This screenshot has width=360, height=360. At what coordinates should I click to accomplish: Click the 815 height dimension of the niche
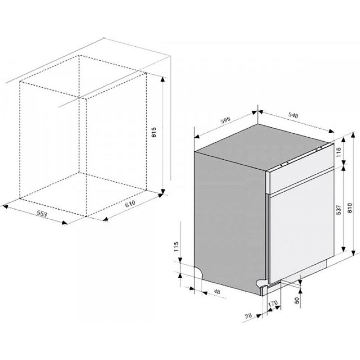pos(154,132)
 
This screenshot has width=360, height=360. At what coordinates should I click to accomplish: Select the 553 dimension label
pos(42,214)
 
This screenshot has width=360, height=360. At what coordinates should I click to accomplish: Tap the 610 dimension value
pos(130,204)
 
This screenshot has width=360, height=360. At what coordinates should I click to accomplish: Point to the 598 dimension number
pos(225,120)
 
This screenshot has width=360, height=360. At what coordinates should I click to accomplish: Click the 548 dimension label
pos(293,115)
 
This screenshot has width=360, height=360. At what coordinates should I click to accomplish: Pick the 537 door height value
pos(339,210)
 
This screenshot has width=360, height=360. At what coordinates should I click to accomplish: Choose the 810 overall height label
pos(350,208)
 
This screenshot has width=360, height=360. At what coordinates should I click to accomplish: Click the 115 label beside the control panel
pos(339,152)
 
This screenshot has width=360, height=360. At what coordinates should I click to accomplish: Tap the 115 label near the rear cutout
pos(176,247)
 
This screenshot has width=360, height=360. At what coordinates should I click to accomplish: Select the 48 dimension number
pos(217,291)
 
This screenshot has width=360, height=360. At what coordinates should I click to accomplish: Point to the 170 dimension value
pos(273,303)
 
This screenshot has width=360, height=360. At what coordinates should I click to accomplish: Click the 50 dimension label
pos(297,300)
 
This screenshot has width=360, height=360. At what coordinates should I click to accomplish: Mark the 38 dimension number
pos(248,316)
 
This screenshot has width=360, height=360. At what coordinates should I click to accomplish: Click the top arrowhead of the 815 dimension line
pos(163,80)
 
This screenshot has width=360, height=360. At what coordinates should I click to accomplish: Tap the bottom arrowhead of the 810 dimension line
pos(354,254)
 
